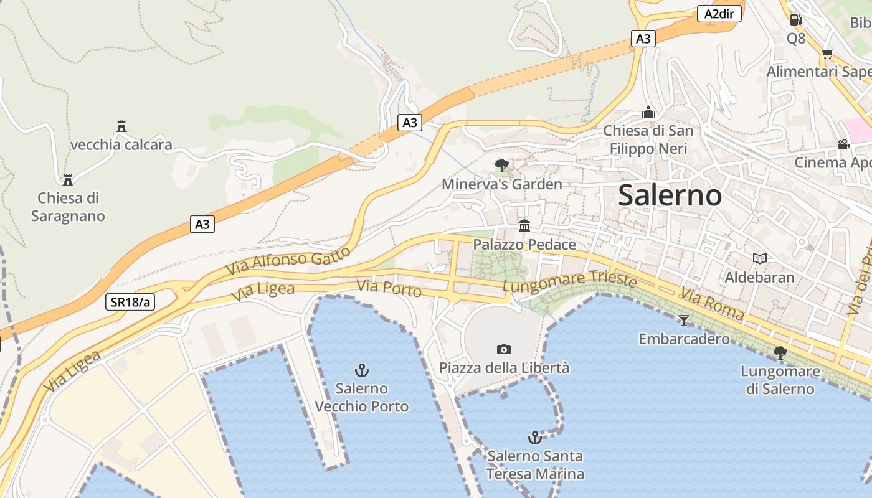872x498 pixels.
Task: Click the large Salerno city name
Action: click(x=670, y=195)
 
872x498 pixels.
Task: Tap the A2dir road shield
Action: click(x=719, y=14)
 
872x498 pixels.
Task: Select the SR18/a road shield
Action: click(x=130, y=302)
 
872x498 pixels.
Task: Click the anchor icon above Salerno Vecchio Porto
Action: click(x=361, y=371)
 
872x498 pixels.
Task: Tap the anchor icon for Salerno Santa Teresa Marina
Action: click(x=534, y=438)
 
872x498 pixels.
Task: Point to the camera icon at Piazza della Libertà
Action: click(x=504, y=349)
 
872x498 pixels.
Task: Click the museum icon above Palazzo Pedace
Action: click(x=524, y=225)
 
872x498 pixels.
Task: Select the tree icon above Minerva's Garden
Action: click(x=501, y=165)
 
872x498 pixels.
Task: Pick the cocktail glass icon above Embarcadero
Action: click(x=684, y=320)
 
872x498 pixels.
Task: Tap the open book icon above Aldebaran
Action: click(x=759, y=258)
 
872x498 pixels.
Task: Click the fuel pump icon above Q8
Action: click(x=795, y=20)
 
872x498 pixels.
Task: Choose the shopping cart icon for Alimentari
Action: click(x=827, y=54)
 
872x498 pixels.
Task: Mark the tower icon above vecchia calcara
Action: click(x=121, y=126)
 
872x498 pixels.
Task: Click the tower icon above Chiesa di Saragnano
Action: click(x=68, y=179)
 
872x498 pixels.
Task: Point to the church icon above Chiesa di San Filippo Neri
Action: click(x=648, y=113)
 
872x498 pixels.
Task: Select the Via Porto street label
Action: click(x=389, y=288)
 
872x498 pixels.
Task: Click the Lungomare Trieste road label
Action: click(x=569, y=283)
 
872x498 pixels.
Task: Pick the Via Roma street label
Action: click(x=712, y=303)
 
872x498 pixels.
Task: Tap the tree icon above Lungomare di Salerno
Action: click(x=779, y=353)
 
